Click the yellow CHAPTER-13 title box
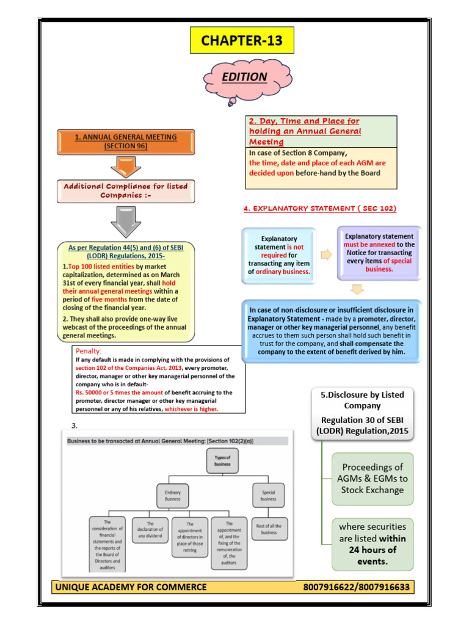tap(242, 41)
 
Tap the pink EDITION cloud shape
tap(245, 78)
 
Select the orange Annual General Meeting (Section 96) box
tap(125, 142)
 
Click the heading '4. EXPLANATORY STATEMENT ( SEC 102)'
tap(319, 209)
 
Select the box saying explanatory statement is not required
tap(279, 255)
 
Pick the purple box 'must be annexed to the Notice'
tap(379, 252)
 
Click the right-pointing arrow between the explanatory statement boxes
tap(326, 255)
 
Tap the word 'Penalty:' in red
tap(89, 351)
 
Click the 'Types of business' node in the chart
tap(222, 460)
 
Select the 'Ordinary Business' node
tap(173, 494)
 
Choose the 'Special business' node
tap(268, 494)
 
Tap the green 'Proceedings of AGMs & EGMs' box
tap(373, 479)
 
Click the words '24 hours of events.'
tap(372, 556)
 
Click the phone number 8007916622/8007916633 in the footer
tap(357, 588)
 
